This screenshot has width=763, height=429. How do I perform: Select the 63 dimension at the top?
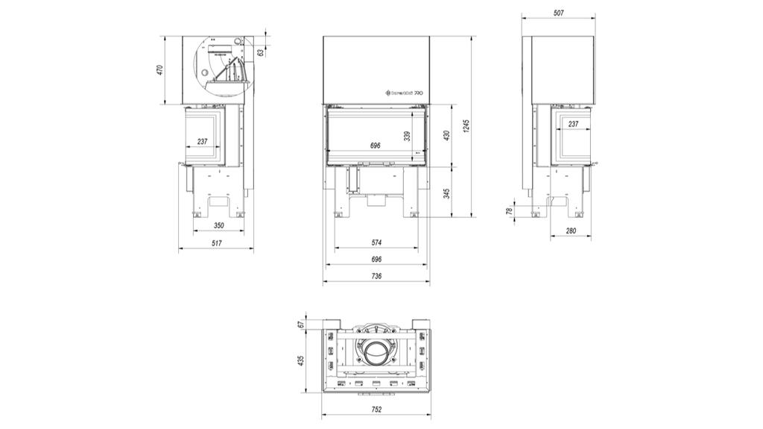260,53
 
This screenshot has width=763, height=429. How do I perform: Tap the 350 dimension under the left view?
218,225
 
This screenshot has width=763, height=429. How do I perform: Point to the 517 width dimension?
216,243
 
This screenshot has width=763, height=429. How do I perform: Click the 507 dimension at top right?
558,13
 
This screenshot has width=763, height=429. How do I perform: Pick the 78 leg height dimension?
510,210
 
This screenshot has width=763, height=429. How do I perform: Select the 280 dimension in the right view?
571,231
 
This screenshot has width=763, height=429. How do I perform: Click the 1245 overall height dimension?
466,127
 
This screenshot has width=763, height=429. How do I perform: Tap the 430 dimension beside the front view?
447,136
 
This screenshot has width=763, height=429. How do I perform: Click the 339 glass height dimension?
407,136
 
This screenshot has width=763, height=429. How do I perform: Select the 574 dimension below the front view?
376,242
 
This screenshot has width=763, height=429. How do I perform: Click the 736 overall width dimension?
376,276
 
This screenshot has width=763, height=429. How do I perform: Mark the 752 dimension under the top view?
376,410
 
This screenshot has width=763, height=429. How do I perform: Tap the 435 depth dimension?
301,360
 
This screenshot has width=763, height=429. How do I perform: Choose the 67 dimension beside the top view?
301,323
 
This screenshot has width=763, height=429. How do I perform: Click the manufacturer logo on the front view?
403,93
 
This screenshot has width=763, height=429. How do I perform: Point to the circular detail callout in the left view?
221,66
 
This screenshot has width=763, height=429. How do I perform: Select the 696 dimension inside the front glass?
376,145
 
